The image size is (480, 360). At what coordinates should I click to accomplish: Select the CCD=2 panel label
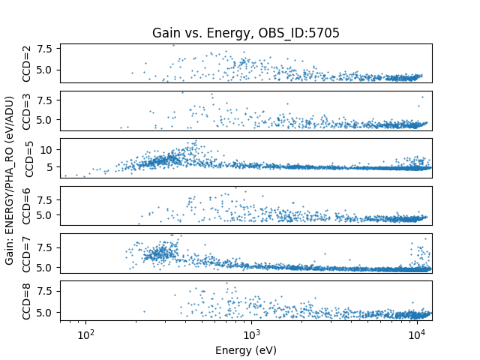click(x=27, y=64)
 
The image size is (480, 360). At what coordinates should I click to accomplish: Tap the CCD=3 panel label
click(x=27, y=111)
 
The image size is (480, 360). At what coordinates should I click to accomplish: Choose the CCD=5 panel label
click(x=27, y=158)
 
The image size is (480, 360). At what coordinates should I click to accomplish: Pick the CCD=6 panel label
click(x=27, y=205)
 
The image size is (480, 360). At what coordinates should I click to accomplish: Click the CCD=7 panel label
click(x=27, y=253)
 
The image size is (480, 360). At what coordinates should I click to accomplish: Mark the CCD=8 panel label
click(x=27, y=301)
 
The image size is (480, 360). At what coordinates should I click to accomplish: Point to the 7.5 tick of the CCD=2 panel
click(x=46, y=49)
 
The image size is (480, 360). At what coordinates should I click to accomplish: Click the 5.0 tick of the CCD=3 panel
click(x=46, y=119)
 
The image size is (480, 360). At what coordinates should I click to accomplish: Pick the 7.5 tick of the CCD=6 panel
click(x=46, y=199)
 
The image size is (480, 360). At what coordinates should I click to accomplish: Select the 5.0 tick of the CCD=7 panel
click(x=46, y=267)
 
